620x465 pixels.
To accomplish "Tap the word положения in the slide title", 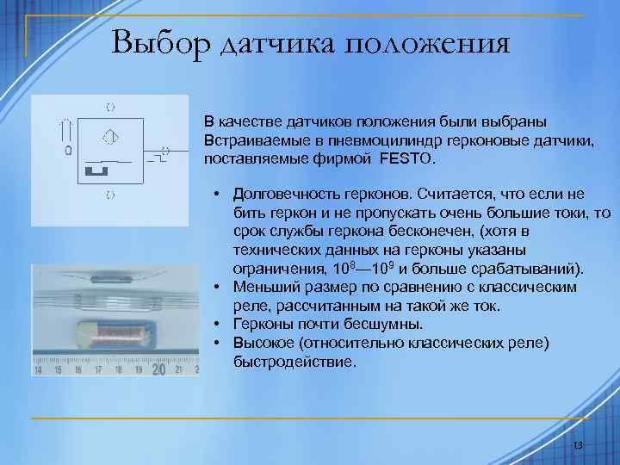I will pyautogui.click(x=427, y=43).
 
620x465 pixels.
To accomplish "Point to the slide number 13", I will pyautogui.click(x=578, y=444).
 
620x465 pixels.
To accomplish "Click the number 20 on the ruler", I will pyautogui.click(x=158, y=369).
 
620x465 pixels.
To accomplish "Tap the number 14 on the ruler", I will pyautogui.click(x=38, y=370).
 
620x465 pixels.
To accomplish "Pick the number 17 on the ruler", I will pyautogui.click(x=97, y=370).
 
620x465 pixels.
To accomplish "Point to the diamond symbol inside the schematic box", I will pyautogui.click(x=109, y=136).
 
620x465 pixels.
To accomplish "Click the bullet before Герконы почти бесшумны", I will pyautogui.click(x=220, y=325).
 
